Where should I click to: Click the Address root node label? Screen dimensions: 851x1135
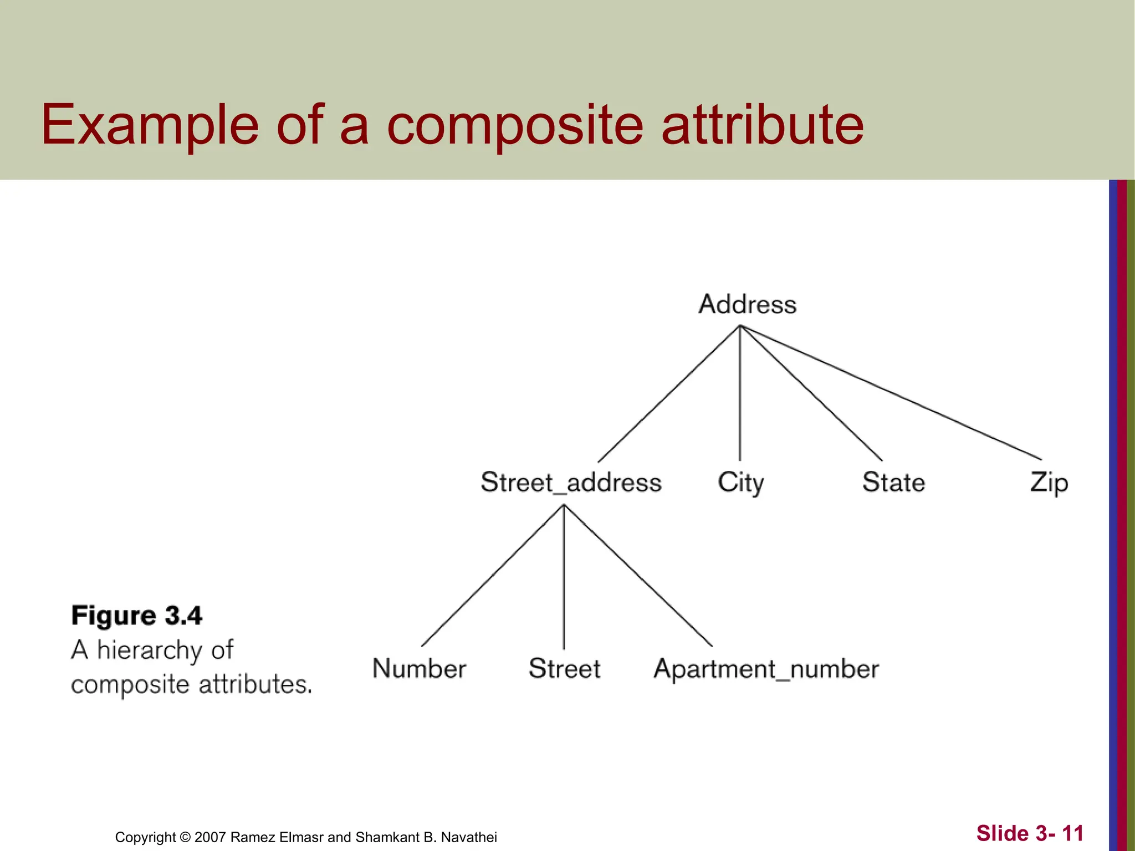747,305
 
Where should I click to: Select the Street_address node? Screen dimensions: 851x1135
571,482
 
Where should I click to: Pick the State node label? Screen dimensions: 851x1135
893,482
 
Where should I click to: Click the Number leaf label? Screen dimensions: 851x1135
419,669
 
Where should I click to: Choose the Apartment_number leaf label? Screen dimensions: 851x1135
766,669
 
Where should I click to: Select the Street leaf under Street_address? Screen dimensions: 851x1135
564,669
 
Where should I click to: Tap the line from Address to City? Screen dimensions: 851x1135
740,393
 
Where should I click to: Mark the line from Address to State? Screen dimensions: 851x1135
811,393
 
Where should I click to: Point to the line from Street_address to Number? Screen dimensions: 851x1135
493,575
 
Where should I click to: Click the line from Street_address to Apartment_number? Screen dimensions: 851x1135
638,575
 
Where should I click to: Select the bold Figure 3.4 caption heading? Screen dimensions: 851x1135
136,616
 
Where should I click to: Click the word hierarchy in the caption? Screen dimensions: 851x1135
148,650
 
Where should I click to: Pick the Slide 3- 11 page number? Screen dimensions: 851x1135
1029,833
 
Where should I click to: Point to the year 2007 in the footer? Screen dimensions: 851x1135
210,837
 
